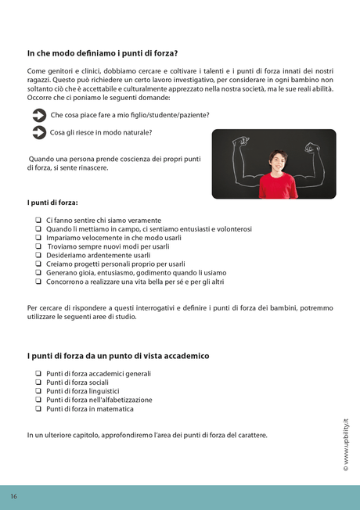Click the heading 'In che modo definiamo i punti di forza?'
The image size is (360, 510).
102,54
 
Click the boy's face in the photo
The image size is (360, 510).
277,159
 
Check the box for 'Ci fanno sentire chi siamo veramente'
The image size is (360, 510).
38,221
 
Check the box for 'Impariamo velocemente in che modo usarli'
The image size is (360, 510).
38,238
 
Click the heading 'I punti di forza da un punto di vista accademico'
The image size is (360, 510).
117,356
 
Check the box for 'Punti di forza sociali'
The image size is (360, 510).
38,382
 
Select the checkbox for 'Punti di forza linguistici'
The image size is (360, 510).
38,391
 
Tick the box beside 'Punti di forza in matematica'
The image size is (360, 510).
38,408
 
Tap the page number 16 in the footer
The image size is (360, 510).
14,497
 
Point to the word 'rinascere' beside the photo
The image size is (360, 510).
92,168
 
